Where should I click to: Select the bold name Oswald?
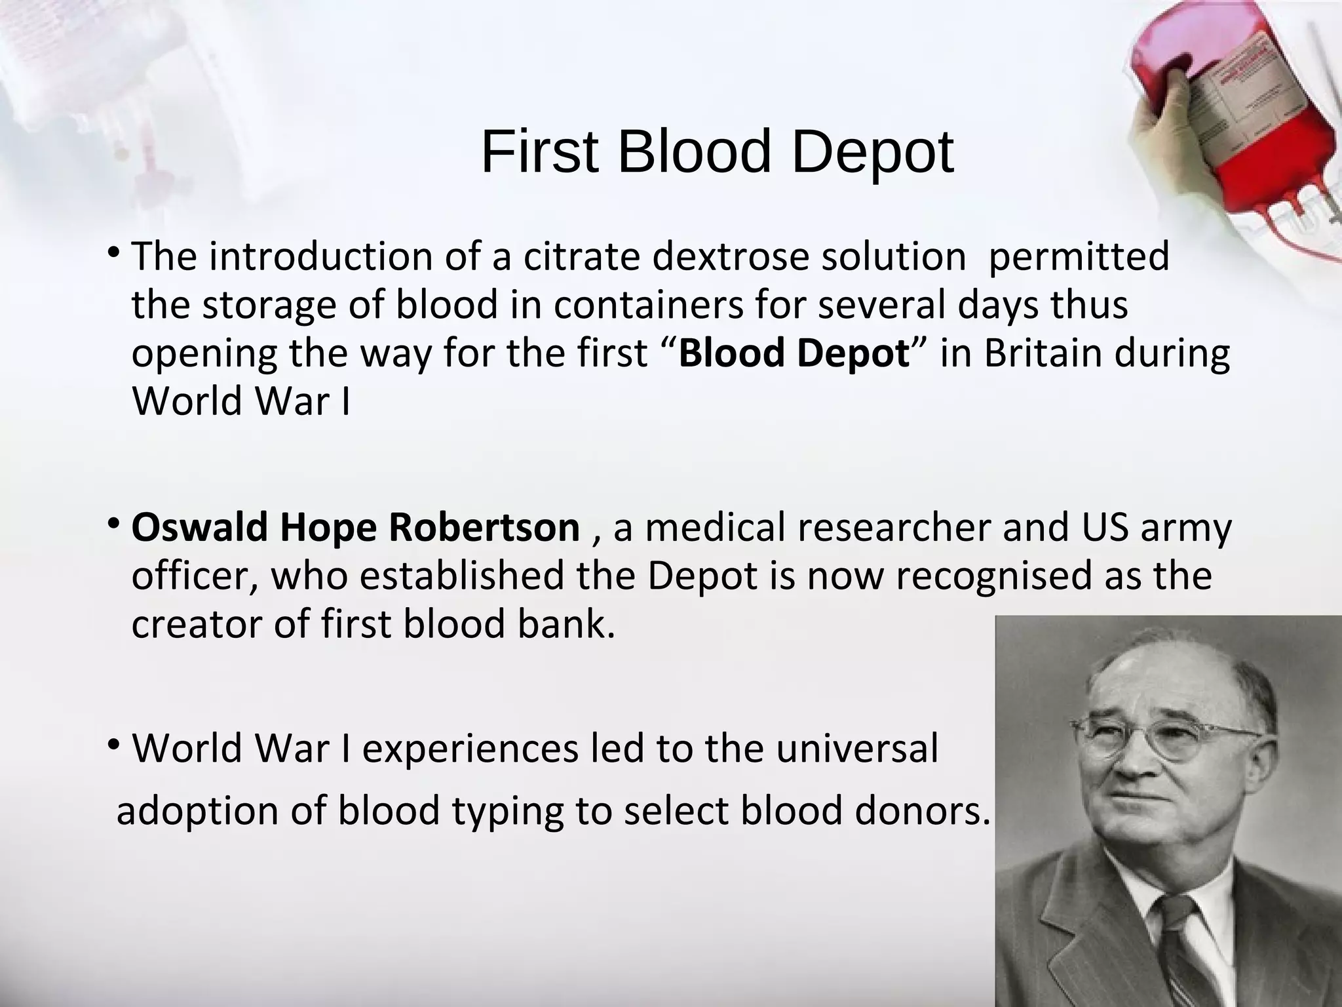click(x=200, y=526)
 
